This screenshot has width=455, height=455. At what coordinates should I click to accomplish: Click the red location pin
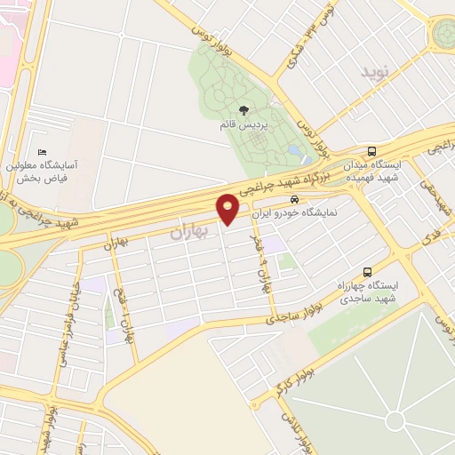(228, 209)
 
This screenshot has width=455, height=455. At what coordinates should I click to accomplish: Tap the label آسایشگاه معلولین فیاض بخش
(44, 172)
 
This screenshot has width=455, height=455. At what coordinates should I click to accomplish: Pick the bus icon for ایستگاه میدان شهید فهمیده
(371, 151)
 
